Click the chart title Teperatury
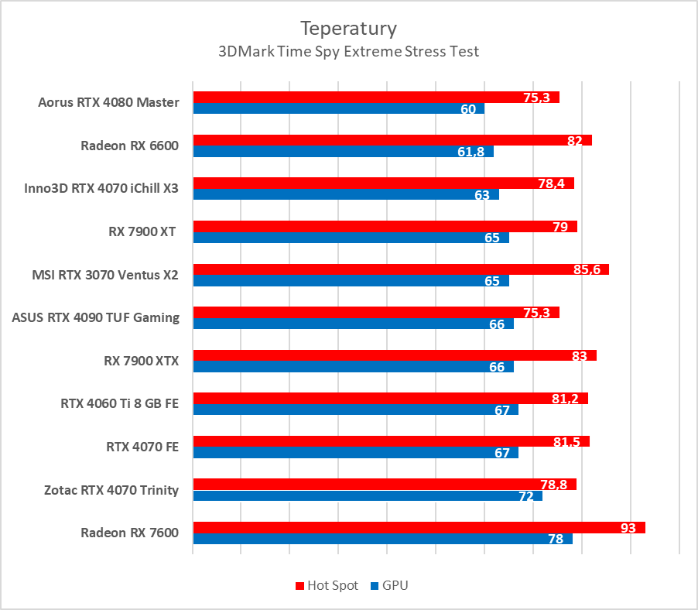tap(348, 29)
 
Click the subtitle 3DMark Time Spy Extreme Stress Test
tap(348, 52)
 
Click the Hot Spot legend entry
tap(327, 585)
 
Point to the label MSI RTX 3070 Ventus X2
tap(105, 274)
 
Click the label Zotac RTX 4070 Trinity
tap(112, 489)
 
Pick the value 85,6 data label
tap(591, 269)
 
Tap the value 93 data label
tap(628, 528)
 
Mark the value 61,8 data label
tap(471, 152)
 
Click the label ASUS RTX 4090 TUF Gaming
tap(96, 317)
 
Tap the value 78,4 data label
tap(556, 183)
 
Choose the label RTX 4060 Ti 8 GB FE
tap(120, 403)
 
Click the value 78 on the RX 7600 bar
tap(556, 540)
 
